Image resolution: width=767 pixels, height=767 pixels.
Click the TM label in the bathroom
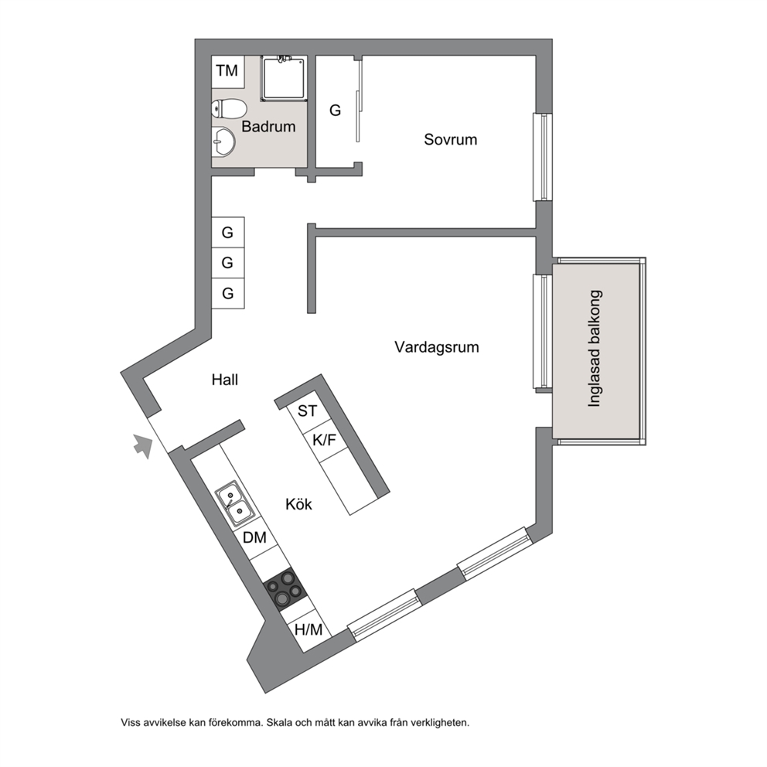point(227,71)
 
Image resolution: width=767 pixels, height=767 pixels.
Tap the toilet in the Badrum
point(229,108)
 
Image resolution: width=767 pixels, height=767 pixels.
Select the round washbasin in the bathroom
point(223,141)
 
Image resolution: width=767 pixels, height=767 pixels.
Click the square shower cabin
point(285,78)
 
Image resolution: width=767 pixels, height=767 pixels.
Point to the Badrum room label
point(268,127)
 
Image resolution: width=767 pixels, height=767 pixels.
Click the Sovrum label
point(451,139)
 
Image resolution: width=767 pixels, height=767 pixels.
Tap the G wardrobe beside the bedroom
point(335,111)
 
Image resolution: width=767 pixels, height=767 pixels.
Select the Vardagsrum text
point(437,347)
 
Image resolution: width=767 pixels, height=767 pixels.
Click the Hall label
point(225,380)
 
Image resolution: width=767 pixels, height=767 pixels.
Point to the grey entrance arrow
point(142,446)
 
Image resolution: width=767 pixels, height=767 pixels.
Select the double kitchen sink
point(234,503)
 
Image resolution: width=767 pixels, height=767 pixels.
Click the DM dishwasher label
point(255,537)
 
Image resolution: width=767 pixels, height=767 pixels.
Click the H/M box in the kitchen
point(309,629)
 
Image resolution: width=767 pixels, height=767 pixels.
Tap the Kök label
point(299,504)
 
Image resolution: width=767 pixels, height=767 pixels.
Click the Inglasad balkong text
point(595,349)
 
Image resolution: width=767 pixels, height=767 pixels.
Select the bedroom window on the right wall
point(542,157)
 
